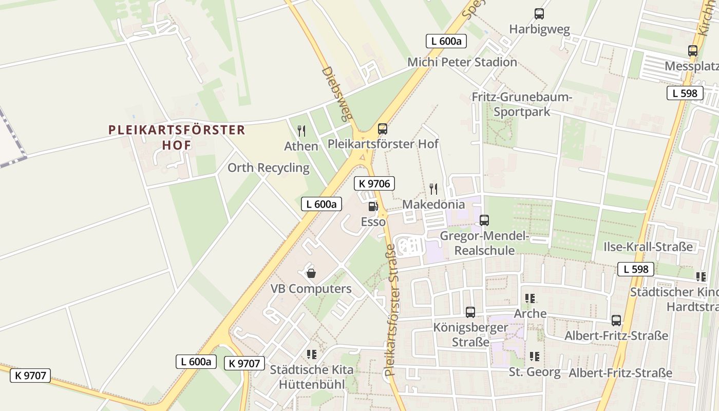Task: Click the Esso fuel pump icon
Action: coord(373,207)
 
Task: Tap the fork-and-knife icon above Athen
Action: coord(301,131)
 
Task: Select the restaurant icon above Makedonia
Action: coord(433,189)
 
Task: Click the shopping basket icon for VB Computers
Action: coord(311,273)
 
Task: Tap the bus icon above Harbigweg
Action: coord(539,14)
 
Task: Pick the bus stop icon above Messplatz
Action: coord(693,51)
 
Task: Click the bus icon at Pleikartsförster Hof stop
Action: coord(382,128)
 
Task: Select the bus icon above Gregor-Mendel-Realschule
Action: coord(484,220)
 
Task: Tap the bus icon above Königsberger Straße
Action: coord(470,312)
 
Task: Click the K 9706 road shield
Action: coord(374,183)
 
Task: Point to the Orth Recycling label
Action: coord(269,168)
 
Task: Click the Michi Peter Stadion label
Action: coord(462,62)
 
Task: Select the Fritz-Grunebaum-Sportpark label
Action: coord(522,104)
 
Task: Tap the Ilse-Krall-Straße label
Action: coord(648,247)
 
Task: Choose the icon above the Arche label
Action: coord(530,298)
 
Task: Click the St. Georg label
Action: coord(535,372)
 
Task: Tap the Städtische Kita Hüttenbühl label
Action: coord(312,377)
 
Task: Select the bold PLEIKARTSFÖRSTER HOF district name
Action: coord(177,137)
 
